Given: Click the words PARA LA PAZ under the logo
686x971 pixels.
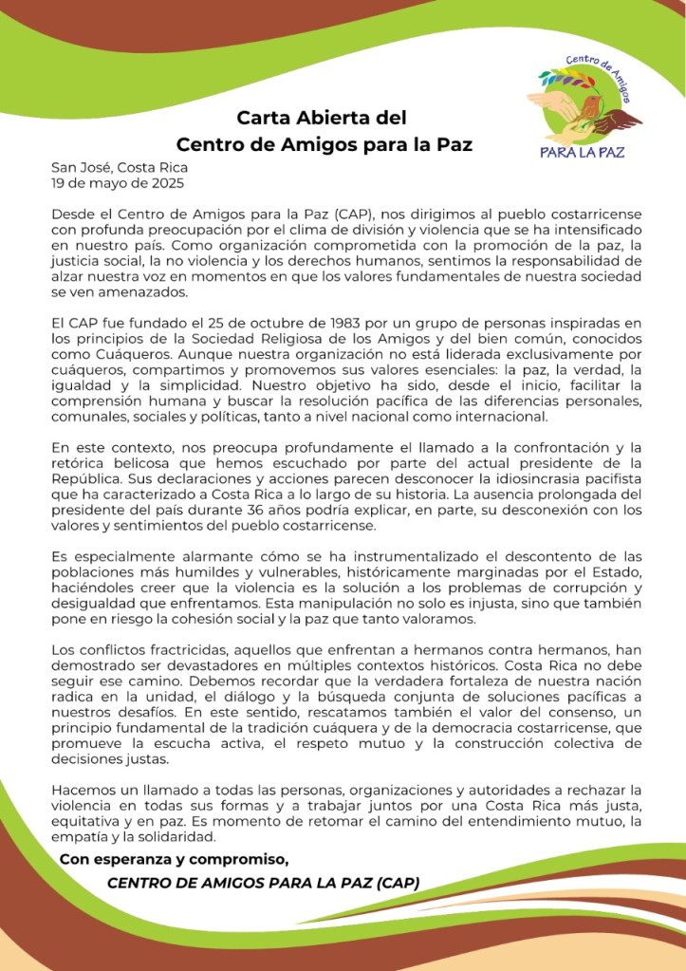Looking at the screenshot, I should [x=582, y=152].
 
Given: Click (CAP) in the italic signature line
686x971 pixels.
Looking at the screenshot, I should [x=397, y=883].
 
